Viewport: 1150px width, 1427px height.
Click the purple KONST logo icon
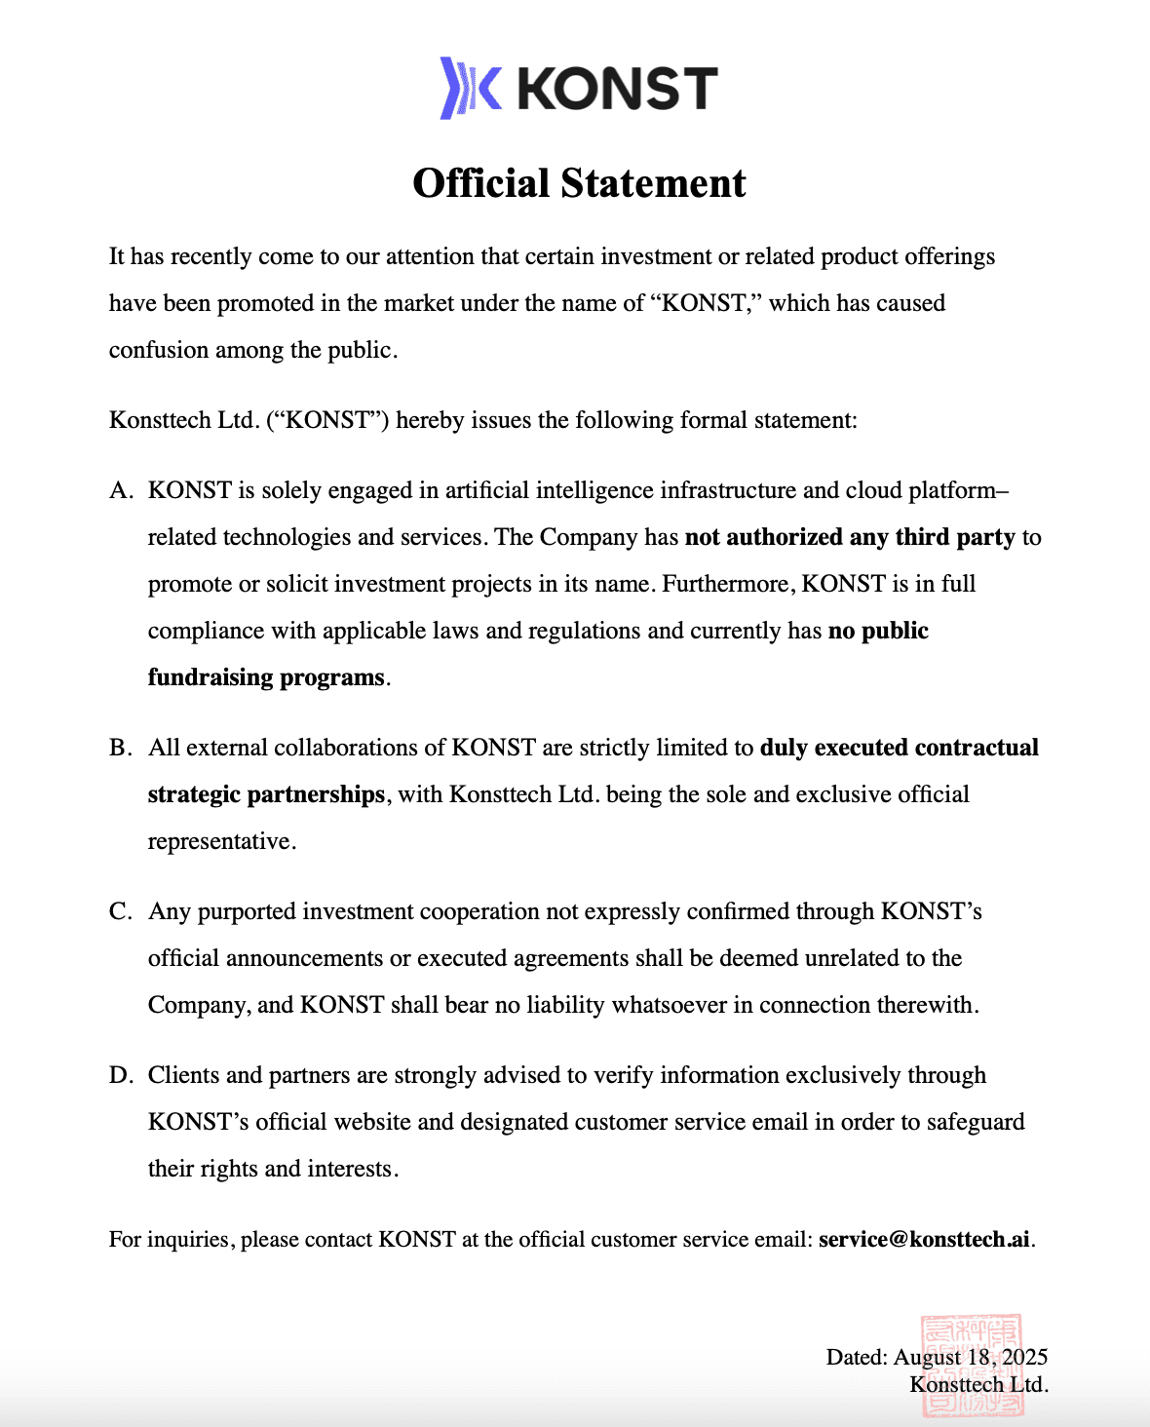(x=471, y=88)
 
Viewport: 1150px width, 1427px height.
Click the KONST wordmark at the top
(x=617, y=89)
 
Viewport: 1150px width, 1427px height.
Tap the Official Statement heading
(x=579, y=183)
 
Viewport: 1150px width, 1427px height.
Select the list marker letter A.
(x=120, y=490)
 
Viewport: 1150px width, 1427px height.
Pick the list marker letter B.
(x=120, y=748)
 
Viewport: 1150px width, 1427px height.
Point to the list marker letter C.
(x=120, y=911)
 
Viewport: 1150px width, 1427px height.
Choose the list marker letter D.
(x=120, y=1075)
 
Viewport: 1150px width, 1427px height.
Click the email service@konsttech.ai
(x=924, y=1239)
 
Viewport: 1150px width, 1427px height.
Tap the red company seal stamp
(x=972, y=1365)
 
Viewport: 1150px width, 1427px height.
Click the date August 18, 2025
(x=970, y=1357)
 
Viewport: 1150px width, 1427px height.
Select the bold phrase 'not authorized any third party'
(x=850, y=537)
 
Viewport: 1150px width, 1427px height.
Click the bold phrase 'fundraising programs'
(x=266, y=677)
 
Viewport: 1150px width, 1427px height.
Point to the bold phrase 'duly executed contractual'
(x=899, y=748)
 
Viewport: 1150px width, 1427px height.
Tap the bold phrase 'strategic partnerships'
(x=266, y=794)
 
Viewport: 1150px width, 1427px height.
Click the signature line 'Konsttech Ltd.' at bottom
(x=978, y=1384)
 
